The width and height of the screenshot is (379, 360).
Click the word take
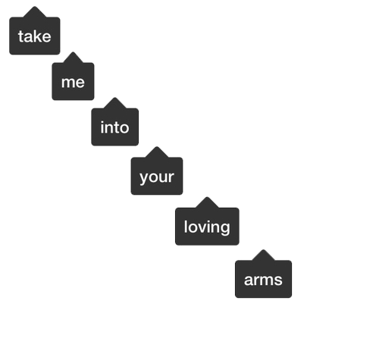(x=35, y=36)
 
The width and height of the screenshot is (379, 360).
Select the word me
(x=73, y=83)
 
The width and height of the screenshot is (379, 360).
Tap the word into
(x=114, y=127)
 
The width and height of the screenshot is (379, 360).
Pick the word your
(x=157, y=177)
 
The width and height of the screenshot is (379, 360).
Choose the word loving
(x=207, y=227)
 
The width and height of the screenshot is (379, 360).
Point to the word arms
(x=263, y=280)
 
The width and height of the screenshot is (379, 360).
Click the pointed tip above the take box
(x=35, y=7)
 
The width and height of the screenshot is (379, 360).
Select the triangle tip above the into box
(x=114, y=98)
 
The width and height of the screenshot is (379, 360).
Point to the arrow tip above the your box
(x=157, y=146)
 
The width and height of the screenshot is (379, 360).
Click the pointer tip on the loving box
(x=207, y=197)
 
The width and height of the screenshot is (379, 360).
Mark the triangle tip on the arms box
(x=263, y=250)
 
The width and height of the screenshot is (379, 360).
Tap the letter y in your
(x=143, y=178)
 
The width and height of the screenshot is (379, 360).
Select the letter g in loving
(x=226, y=229)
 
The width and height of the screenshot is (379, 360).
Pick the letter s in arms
(x=278, y=280)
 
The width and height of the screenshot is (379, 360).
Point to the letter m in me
(x=68, y=83)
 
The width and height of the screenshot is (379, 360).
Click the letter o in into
(x=124, y=128)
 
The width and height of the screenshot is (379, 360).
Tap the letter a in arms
(x=249, y=280)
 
